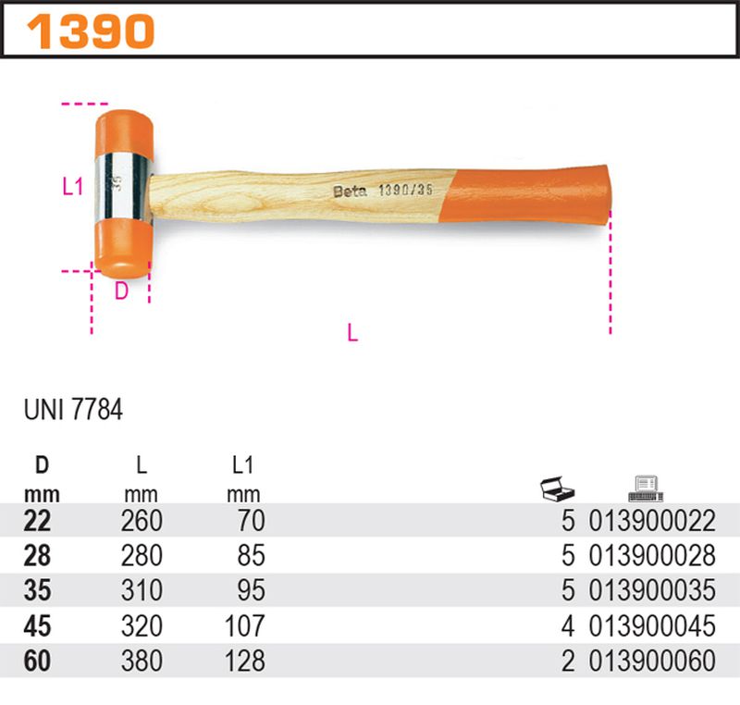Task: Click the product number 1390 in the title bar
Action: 91,32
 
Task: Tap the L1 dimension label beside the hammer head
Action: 73,186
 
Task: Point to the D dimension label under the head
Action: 120,291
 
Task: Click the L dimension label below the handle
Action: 351,333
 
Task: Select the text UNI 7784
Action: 71,409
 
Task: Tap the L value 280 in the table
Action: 142,556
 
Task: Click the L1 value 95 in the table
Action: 250,591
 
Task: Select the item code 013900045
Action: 652,626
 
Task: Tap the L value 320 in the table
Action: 142,626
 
